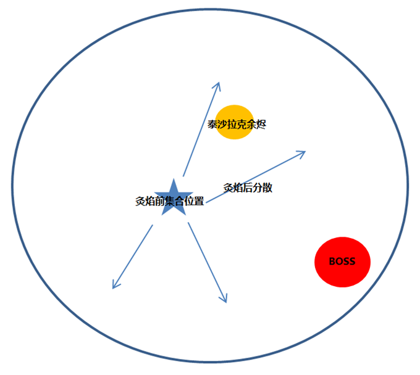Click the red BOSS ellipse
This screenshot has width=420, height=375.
pyautogui.click(x=342, y=262)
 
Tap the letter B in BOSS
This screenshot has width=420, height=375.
pyautogui.click(x=332, y=262)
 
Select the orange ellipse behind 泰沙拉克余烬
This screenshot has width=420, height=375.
pyautogui.click(x=234, y=122)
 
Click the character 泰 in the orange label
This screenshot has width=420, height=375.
pyautogui.click(x=212, y=125)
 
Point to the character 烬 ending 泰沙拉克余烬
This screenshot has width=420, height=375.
pyautogui.click(x=261, y=125)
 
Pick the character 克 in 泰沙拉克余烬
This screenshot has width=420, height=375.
pyautogui.click(x=241, y=125)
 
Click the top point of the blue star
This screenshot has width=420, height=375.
pyautogui.click(x=174, y=179)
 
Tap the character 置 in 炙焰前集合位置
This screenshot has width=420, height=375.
pyautogui.click(x=199, y=201)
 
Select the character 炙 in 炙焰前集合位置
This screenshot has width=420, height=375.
pyautogui.click(x=140, y=201)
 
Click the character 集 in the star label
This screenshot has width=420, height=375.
pyautogui.click(x=170, y=201)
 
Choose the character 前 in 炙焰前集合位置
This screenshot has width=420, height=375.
pyautogui.click(x=159, y=201)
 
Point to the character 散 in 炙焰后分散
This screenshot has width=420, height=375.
pyautogui.click(x=267, y=187)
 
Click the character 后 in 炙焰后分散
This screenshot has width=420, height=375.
pyautogui.click(x=248, y=187)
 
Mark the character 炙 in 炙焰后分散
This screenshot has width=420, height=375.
pyautogui.click(x=228, y=187)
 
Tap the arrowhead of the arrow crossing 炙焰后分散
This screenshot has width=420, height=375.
pyautogui.click(x=301, y=154)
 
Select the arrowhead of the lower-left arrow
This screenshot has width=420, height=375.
pyautogui.click(x=115, y=285)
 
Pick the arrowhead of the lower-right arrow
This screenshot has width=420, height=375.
pyautogui.click(x=224, y=299)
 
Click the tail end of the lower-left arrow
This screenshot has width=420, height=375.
pyautogui.click(x=153, y=225)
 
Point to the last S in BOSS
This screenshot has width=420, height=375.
pyautogui.click(x=352, y=262)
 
